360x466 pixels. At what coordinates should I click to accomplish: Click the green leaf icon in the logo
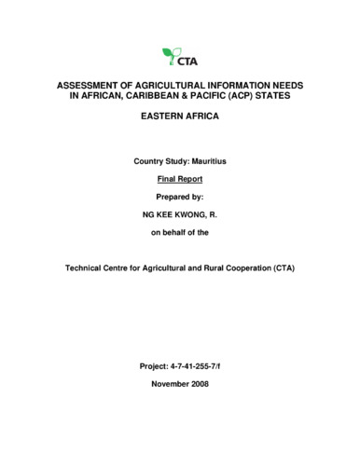point(169,53)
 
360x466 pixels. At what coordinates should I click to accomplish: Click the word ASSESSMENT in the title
point(87,84)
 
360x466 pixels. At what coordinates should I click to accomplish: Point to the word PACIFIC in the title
point(214,95)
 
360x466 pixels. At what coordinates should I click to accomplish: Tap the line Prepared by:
point(180,198)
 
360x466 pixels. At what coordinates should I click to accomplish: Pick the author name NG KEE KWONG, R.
point(180,214)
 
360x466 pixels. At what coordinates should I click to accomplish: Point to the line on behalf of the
point(180,232)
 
